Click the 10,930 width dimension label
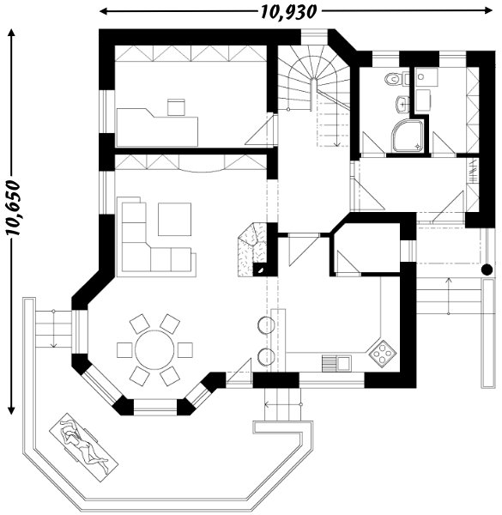coord(289,12)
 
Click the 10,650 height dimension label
coord(14,208)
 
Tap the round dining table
coord(154,350)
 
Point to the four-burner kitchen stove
coord(382,354)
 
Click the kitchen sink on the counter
coord(336,364)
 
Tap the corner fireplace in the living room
coord(253,250)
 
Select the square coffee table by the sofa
coord(174,219)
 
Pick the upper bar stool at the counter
coord(266,324)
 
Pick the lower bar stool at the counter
coord(266,357)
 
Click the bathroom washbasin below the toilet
coord(402,104)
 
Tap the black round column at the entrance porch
coord(487,270)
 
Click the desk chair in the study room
coord(176,107)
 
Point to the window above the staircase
coord(315,36)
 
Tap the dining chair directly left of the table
coord(124,350)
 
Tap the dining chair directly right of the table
coord(185,350)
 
